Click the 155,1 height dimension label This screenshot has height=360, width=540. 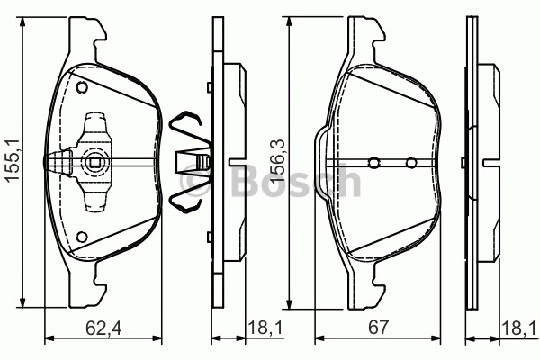tap(13, 160)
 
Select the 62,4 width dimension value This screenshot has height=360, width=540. tap(103, 328)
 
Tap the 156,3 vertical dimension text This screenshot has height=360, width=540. tap(279, 160)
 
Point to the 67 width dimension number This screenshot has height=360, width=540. tap(378, 328)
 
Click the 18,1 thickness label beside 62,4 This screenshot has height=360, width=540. tap(265, 328)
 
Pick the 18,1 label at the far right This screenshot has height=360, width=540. tap(519, 328)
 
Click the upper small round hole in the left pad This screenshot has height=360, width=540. tap(82, 87)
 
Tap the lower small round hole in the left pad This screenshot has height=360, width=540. tap(82, 237)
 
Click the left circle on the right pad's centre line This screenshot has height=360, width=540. tap(374, 163)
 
